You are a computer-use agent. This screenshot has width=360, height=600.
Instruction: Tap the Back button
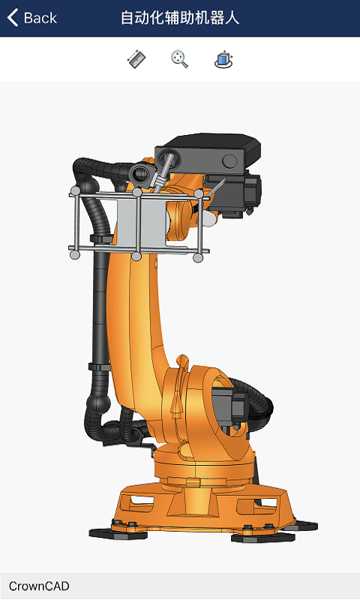tap(31, 18)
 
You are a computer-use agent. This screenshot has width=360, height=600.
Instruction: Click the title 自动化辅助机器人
tap(180, 18)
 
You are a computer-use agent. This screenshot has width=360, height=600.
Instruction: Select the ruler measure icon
tap(136, 59)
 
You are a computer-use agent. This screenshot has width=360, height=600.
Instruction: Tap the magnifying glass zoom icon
tap(179, 59)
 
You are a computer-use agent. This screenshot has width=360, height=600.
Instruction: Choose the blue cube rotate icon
tap(223, 59)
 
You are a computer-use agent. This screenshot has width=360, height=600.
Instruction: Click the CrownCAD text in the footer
tap(39, 586)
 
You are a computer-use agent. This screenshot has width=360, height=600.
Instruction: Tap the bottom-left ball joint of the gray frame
tap(74, 255)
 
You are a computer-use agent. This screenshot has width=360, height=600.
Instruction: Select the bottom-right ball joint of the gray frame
tap(198, 258)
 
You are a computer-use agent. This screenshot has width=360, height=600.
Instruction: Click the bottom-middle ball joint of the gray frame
tap(136, 256)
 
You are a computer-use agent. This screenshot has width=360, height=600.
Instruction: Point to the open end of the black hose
tap(139, 175)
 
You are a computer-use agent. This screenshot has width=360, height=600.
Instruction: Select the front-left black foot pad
tap(112, 533)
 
